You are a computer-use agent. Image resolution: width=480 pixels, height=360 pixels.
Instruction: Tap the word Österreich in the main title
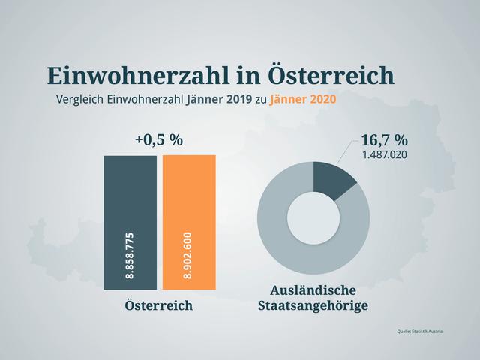click(330, 76)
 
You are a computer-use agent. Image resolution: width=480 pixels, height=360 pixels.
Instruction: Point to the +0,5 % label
click(159, 140)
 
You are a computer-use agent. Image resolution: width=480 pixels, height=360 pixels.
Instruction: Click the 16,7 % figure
click(384, 140)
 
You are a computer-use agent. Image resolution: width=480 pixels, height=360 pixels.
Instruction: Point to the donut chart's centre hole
click(313, 217)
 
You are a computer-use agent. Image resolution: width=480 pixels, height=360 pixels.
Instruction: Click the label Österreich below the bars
click(159, 305)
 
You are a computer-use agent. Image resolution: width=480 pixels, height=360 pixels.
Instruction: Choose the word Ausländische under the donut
click(313, 290)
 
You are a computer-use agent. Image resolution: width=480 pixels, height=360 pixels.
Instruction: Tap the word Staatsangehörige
click(313, 306)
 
